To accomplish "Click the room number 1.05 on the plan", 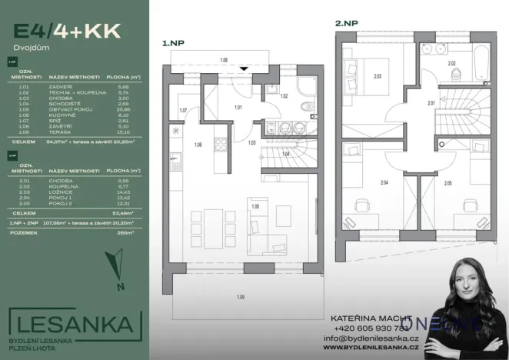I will (x=254, y=207).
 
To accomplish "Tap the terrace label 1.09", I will (x=241, y=297).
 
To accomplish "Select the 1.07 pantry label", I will (x=183, y=112).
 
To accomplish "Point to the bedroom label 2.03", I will (x=378, y=76).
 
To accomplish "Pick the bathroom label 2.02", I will (x=452, y=63).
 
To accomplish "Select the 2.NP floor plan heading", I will (x=347, y=24).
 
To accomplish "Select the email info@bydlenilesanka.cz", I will (x=371, y=338).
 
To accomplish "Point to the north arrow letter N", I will (x=120, y=288).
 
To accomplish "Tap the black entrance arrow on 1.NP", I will (x=244, y=67).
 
